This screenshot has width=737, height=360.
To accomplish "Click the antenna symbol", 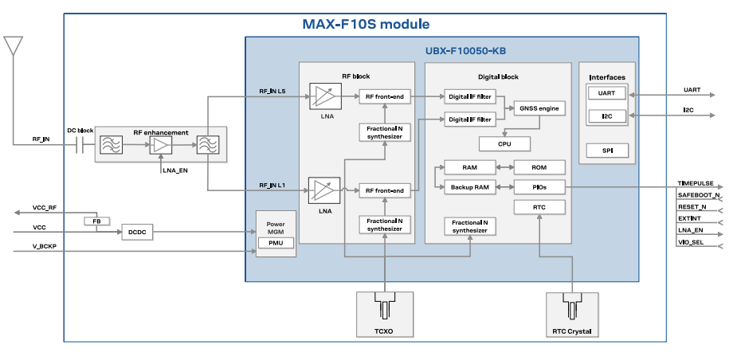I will (x=13, y=45).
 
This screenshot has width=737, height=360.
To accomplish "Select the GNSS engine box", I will (x=539, y=108).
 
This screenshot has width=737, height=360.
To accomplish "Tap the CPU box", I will (x=504, y=143).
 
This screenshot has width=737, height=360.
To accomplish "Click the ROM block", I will (x=539, y=167).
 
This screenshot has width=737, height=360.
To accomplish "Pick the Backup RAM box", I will (x=469, y=186).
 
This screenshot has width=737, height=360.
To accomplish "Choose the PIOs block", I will (x=539, y=186).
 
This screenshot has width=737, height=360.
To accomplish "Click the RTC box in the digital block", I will (x=539, y=207).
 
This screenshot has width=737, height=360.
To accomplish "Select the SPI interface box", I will (x=606, y=150).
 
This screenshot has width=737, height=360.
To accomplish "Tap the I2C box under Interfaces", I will (x=606, y=116).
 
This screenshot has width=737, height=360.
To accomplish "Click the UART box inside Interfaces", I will (x=606, y=93).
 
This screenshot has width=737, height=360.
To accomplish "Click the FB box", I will (x=96, y=221).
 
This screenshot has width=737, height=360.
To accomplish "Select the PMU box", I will (x=275, y=243).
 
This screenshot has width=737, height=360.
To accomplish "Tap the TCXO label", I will (x=384, y=330).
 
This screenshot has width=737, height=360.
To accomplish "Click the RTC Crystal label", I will (x=572, y=330).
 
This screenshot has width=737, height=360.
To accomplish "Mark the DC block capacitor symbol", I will (x=80, y=144).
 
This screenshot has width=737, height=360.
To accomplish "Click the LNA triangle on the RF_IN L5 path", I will (x=323, y=97).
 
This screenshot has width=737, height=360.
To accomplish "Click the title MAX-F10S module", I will (x=366, y=24).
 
